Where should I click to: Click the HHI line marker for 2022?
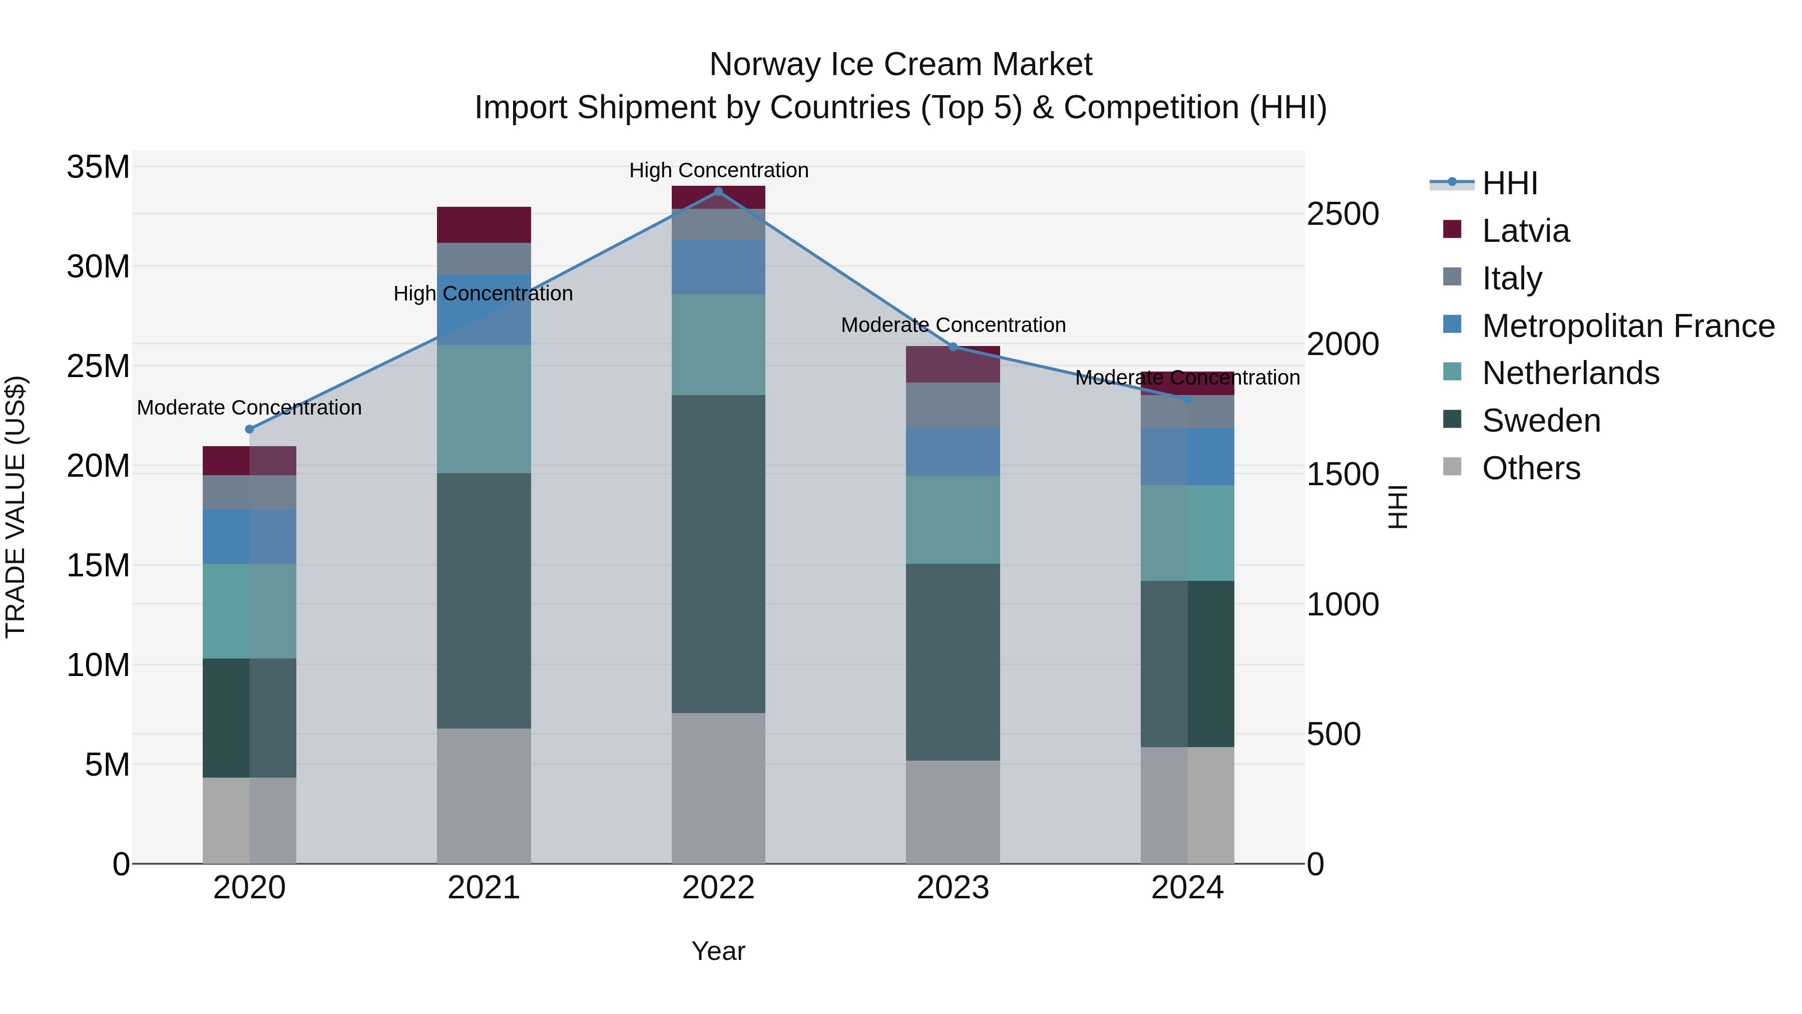point(718,191)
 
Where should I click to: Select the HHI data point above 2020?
point(249,429)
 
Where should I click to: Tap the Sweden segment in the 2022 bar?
point(718,553)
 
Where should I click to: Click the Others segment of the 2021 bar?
point(484,796)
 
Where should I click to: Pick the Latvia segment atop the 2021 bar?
point(484,225)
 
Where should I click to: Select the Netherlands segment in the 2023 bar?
point(952,520)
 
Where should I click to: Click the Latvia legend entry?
point(1525,231)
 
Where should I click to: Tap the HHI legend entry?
point(1509,183)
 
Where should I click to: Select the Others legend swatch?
point(1452,467)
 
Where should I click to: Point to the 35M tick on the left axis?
point(98,167)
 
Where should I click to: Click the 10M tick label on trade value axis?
point(98,665)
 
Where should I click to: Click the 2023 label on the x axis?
point(952,888)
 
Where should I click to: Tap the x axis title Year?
point(718,951)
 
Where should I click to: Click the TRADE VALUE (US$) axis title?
point(16,507)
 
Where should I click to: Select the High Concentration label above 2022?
point(718,170)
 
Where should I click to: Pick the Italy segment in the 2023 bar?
point(952,405)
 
